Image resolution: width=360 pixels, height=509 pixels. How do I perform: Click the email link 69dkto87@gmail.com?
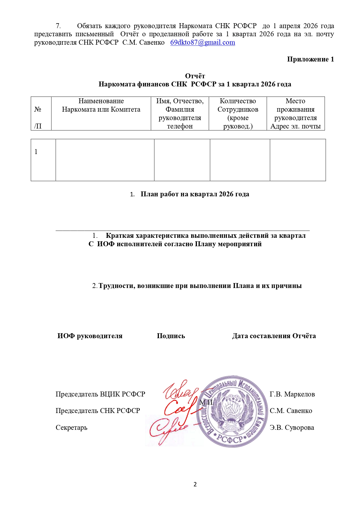point(202,43)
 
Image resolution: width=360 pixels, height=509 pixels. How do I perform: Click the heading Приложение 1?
point(310,59)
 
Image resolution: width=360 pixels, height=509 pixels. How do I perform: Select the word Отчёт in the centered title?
point(195,76)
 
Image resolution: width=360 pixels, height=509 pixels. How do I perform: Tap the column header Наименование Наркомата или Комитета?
point(101,105)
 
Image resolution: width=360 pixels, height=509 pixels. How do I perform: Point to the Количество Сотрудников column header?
point(238,113)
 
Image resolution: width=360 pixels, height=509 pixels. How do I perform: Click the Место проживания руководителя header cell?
point(295,113)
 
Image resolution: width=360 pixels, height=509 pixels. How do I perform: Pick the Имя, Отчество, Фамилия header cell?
point(180,113)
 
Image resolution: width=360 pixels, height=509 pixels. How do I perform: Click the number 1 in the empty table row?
point(36,152)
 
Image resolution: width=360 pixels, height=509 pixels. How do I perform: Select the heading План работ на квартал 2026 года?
point(195,194)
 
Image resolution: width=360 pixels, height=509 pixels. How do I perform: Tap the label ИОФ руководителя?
point(90,336)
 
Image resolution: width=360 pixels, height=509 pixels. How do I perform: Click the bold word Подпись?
point(171,336)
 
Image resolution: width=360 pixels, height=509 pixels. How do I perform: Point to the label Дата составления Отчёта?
point(274,336)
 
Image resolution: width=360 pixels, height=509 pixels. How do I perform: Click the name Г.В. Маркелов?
point(292,394)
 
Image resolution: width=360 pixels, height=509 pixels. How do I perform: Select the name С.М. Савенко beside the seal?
point(291,411)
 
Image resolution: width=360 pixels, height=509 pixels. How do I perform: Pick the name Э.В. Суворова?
point(292,428)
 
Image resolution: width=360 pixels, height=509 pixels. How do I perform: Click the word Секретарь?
point(71,428)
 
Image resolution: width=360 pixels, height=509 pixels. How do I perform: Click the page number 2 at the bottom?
point(195,484)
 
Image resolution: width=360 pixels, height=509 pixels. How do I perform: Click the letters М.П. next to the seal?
point(206,402)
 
